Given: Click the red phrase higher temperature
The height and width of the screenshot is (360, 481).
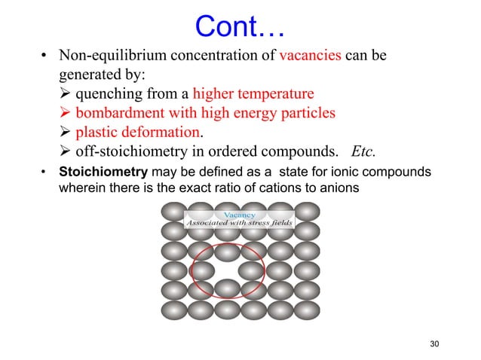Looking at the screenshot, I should click(253, 94).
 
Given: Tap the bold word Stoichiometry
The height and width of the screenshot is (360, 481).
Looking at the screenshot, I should click(91, 172).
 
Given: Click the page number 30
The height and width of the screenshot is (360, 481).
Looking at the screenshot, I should click(433, 344).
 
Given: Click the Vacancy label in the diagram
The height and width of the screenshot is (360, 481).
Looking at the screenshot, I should click(241, 215).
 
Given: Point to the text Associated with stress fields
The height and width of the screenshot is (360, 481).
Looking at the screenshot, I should click(240, 224).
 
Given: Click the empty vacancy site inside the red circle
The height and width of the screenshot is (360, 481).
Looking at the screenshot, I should click(226, 268).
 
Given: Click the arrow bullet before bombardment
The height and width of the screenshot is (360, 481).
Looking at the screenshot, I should click(65, 113).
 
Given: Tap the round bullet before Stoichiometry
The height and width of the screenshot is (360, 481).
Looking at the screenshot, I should click(44, 172).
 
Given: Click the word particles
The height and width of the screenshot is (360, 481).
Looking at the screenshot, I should click(309, 113).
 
